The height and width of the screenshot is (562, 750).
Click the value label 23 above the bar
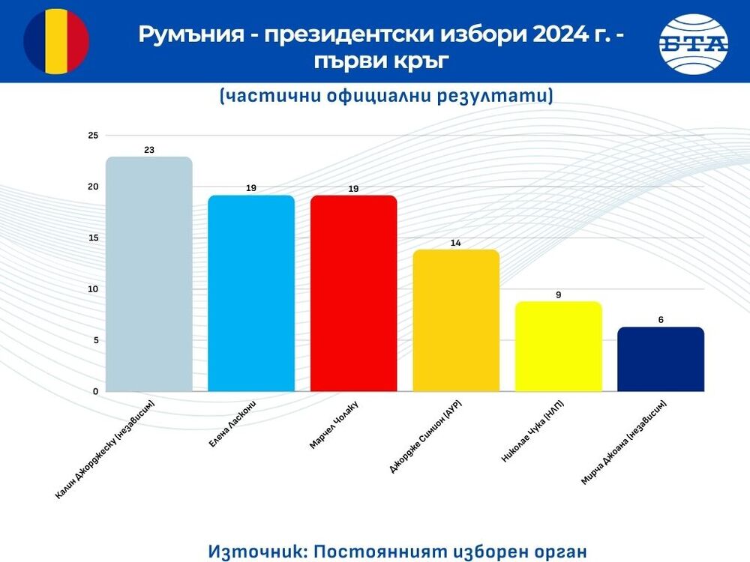click(x=149, y=150)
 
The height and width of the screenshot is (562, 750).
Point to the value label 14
click(x=456, y=243)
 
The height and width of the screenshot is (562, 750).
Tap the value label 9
click(x=558, y=294)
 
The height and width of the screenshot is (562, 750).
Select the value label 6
click(x=661, y=320)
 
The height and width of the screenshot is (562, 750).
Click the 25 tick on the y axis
click(x=93, y=136)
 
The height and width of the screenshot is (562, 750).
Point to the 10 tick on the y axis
click(x=93, y=289)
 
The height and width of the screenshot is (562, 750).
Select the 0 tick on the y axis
click(x=95, y=391)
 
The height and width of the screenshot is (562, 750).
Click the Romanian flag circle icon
click(x=56, y=40)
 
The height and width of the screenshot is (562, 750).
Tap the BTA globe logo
click(x=693, y=43)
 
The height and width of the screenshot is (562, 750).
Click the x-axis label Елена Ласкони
click(x=232, y=426)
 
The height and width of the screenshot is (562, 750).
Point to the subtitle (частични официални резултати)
click(x=386, y=96)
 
